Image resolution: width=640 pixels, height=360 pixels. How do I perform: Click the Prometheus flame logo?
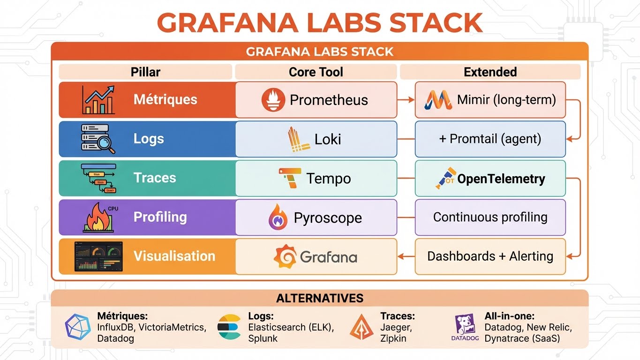(x=273, y=100)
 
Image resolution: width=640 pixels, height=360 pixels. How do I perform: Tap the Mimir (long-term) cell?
(x=490, y=100)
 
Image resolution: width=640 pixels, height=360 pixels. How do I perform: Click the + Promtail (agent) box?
(x=490, y=139)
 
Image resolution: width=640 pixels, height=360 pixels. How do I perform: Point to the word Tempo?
(x=328, y=179)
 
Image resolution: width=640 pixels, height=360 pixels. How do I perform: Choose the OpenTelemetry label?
(x=501, y=179)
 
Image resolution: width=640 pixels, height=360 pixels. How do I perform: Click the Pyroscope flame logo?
(x=278, y=217)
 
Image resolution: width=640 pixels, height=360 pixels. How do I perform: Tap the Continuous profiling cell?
(x=490, y=217)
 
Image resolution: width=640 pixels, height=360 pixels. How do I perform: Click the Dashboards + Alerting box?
(x=490, y=256)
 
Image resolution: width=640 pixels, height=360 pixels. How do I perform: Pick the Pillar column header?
(x=145, y=72)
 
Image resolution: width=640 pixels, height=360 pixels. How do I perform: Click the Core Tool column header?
(x=316, y=72)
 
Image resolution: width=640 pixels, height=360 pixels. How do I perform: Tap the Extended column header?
(x=490, y=72)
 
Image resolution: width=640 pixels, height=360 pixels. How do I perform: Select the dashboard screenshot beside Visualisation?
(x=98, y=256)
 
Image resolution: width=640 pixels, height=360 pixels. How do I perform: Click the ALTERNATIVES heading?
(x=320, y=299)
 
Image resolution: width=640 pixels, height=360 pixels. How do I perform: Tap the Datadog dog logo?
(x=465, y=324)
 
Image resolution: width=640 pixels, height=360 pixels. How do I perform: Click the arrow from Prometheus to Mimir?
(x=406, y=100)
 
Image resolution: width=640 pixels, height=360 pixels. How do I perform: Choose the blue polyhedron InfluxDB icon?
(x=78, y=327)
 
